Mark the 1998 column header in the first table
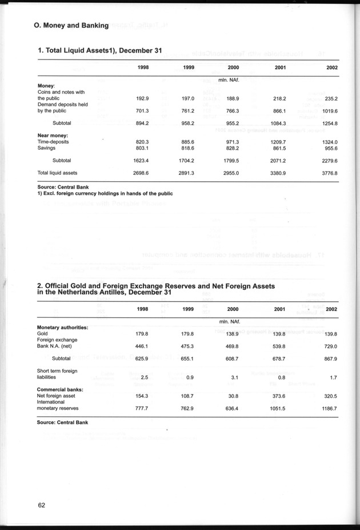click(x=145, y=67)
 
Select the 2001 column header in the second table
click(x=281, y=309)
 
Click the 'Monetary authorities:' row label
click(x=62, y=327)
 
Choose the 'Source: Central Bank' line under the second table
click(x=63, y=423)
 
